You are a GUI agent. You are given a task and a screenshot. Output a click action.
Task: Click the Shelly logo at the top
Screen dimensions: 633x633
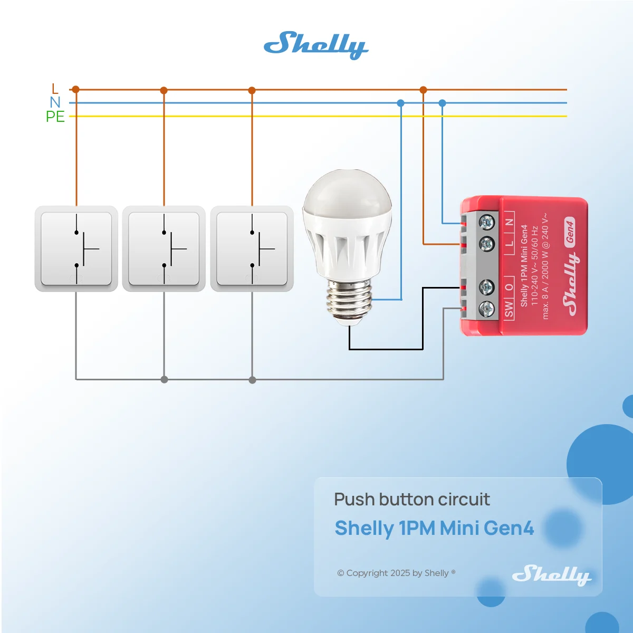point(316,45)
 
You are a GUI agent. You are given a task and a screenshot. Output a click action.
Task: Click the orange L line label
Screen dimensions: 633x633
point(55,89)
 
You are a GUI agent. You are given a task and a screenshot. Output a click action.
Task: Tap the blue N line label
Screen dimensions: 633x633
point(55,102)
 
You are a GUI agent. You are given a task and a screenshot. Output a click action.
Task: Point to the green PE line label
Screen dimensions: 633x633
point(55,117)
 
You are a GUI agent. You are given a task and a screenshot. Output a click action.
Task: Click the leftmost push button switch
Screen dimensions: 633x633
point(76,248)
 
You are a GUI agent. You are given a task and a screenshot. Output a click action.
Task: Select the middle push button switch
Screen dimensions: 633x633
point(164,248)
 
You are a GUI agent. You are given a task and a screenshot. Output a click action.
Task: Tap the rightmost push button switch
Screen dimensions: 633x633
point(252,248)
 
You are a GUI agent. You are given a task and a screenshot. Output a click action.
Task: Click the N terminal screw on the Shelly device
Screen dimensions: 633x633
point(487,223)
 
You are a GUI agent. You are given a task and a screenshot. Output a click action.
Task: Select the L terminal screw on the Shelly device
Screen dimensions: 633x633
point(487,244)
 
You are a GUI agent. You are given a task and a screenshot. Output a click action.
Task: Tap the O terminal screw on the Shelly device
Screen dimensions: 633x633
point(487,287)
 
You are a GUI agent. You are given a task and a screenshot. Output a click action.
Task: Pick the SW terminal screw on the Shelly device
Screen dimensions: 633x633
point(487,309)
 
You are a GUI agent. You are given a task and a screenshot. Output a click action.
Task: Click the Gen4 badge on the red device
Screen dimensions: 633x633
point(570,232)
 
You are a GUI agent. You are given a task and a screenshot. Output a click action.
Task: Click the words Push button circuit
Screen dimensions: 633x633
point(412,500)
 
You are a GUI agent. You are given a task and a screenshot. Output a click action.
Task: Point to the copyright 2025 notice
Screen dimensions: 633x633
point(396,573)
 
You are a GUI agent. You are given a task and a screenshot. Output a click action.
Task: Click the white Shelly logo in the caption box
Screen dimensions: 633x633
point(552,575)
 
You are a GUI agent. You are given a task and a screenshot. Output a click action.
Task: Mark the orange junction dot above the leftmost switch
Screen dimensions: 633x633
point(76,89)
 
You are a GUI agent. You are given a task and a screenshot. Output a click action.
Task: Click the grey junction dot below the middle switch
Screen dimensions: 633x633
point(164,380)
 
